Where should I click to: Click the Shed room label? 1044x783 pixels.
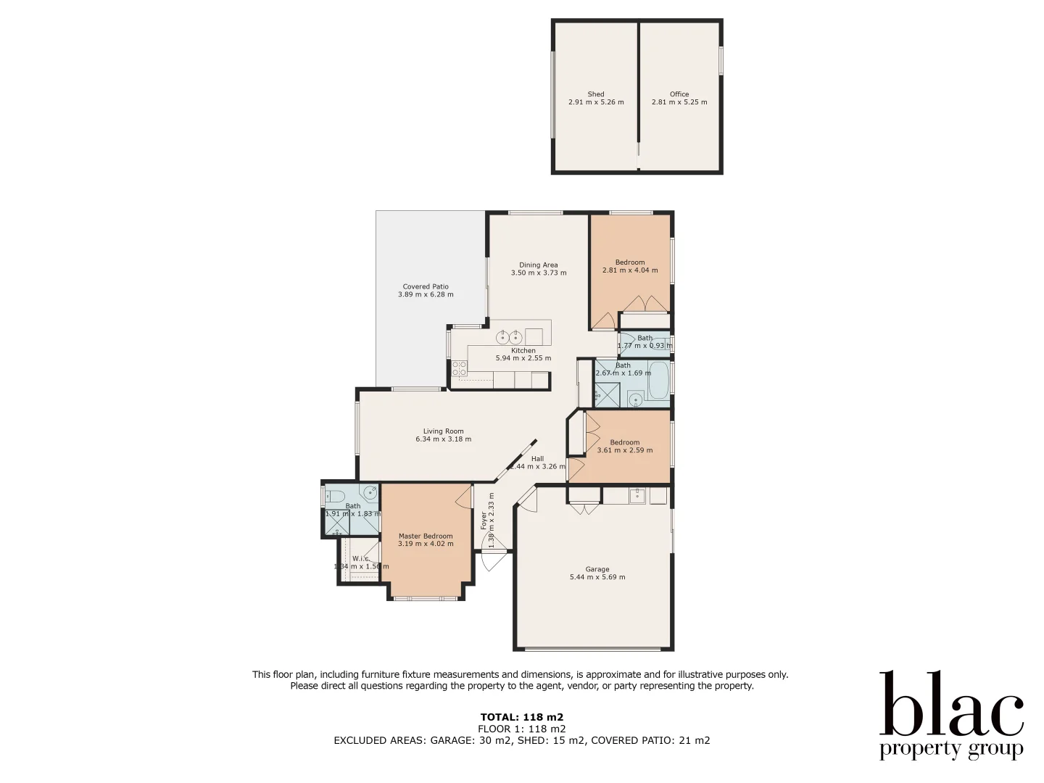point(596,94)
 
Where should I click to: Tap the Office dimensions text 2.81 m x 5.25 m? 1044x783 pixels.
point(679,102)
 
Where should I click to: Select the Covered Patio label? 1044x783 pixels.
point(426,286)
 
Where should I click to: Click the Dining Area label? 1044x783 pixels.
point(538,265)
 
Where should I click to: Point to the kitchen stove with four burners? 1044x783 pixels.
point(459,368)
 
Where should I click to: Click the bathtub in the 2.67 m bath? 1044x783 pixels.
point(659,381)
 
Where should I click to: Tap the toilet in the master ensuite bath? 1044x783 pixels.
point(335,497)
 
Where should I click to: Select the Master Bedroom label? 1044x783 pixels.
point(426,536)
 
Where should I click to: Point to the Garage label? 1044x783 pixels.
point(597,569)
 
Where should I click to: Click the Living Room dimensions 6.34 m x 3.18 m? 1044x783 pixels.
point(443,439)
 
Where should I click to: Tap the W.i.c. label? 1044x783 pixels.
point(360,558)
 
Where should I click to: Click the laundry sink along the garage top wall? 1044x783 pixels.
point(637,495)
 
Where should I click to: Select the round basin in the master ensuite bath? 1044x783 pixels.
point(370,493)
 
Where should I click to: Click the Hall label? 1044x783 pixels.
point(537,458)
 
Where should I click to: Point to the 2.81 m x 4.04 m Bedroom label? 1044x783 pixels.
point(629,262)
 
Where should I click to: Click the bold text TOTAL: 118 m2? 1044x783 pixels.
point(521,717)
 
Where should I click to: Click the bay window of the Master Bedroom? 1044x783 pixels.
point(426,598)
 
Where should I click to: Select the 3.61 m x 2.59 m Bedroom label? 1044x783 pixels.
point(624,442)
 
